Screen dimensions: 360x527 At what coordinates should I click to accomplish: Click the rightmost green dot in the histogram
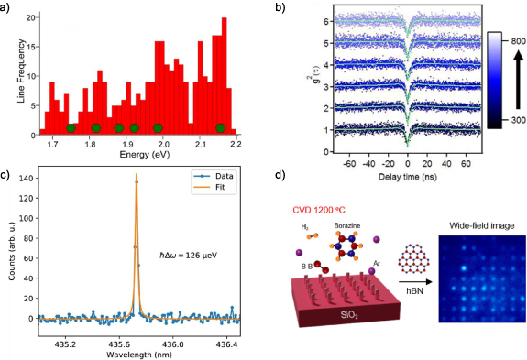tap(220, 127)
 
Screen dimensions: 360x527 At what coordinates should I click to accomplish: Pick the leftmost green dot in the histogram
tap(71, 127)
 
